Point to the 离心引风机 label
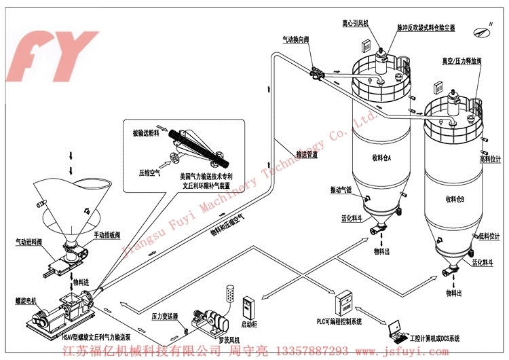coord(355,23)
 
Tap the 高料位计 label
coord(489,159)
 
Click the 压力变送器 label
coord(165,317)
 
